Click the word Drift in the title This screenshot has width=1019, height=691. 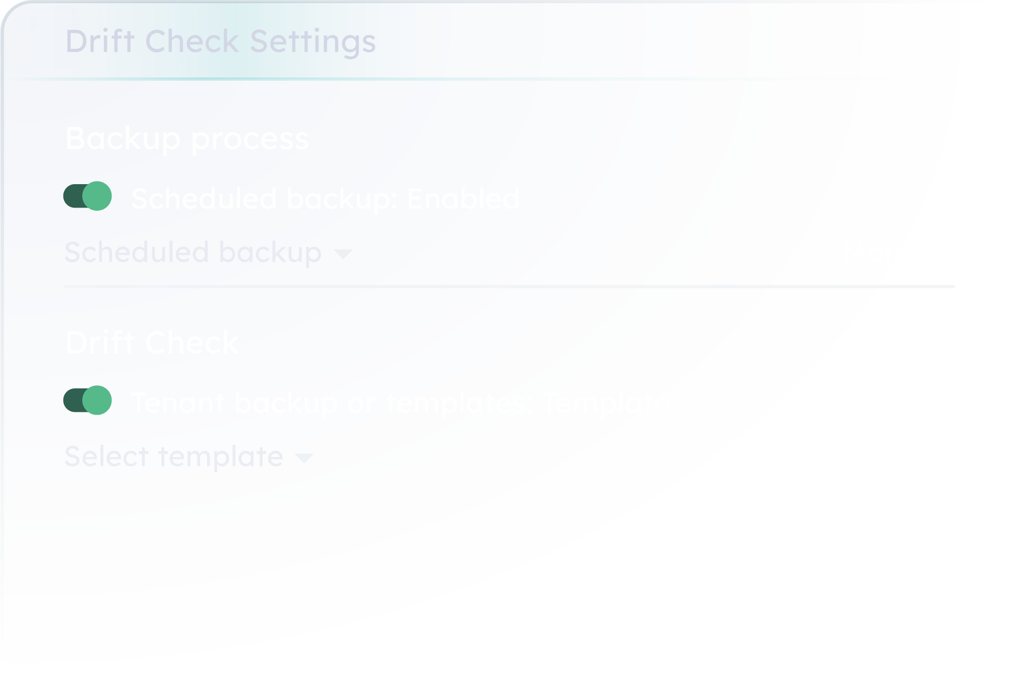click(x=100, y=41)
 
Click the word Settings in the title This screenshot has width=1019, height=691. click(x=313, y=41)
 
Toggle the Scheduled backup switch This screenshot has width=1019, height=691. click(x=88, y=196)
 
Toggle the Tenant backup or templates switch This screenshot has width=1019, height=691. click(x=88, y=400)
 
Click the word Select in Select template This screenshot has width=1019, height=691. click(x=106, y=456)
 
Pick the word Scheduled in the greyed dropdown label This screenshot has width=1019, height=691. click(x=136, y=252)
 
